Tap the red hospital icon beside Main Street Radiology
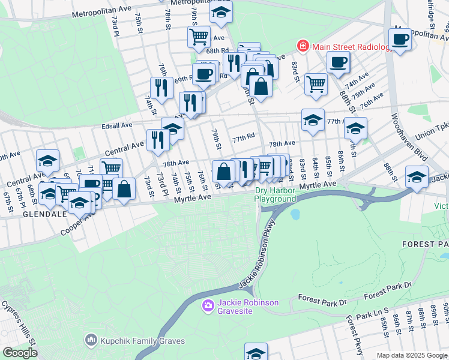pos(304,46)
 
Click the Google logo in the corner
pos(20,353)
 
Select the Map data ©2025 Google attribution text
pos(412,355)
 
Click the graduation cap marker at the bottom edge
pos(256,352)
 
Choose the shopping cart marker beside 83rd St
pos(316,84)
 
